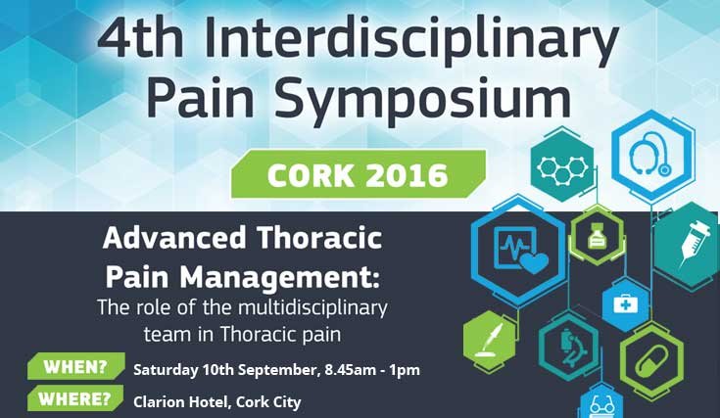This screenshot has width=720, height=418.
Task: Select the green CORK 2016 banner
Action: (x=359, y=175)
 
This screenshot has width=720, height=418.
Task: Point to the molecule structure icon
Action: (x=562, y=165)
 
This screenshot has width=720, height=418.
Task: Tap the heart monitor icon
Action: (x=519, y=250)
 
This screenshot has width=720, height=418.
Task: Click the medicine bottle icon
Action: (x=596, y=236)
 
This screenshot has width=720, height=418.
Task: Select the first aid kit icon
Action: (x=624, y=304)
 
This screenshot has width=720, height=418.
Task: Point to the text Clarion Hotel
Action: (x=177, y=401)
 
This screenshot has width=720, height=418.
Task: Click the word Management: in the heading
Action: (x=291, y=270)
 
